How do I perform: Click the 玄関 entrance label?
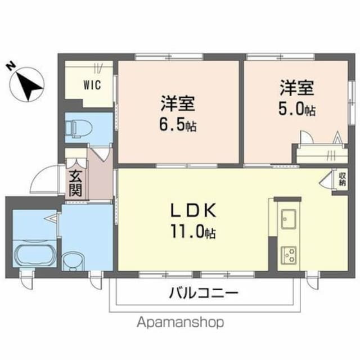(x=75, y=182)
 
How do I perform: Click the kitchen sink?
(x=290, y=218)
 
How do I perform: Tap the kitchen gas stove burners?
(x=290, y=255)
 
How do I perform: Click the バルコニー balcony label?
(x=203, y=293)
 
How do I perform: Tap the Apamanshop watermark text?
(x=180, y=322)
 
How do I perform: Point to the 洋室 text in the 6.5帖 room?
(x=178, y=103)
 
